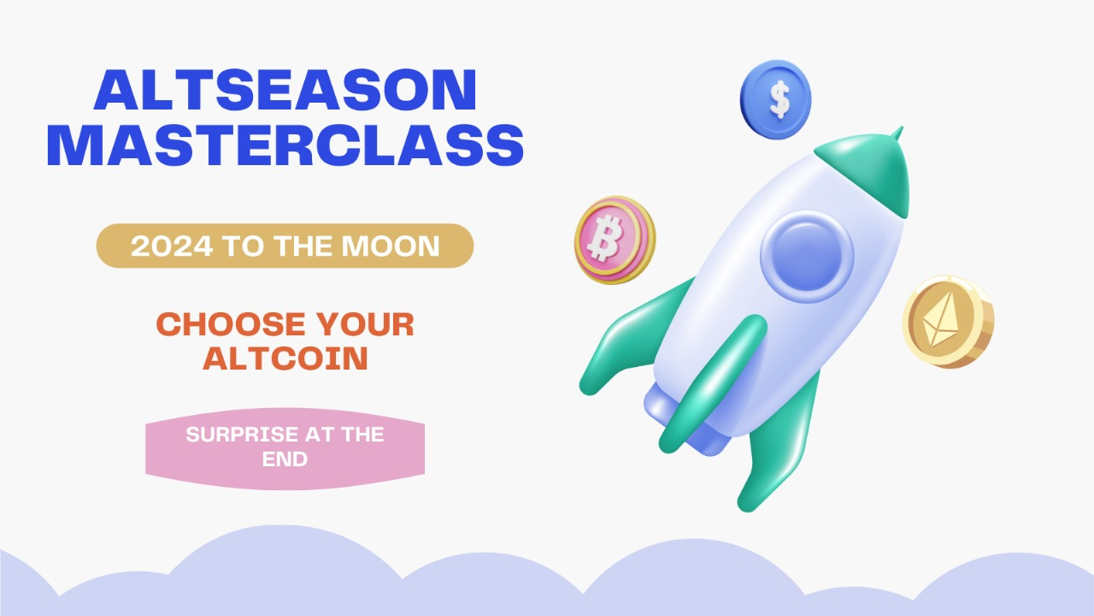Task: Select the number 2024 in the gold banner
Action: click(x=172, y=246)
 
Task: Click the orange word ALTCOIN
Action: click(x=285, y=358)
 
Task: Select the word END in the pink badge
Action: click(x=285, y=459)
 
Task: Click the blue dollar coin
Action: click(x=775, y=98)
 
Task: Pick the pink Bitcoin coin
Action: click(x=614, y=240)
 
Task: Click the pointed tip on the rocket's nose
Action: click(x=897, y=133)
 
